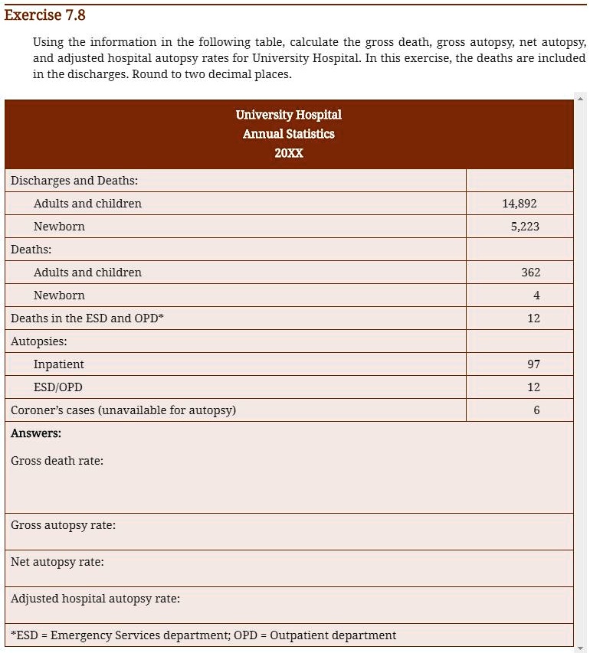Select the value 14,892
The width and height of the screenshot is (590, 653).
[x=520, y=204]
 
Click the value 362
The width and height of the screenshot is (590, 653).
[x=530, y=273]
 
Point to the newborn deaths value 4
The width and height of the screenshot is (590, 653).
[x=536, y=295]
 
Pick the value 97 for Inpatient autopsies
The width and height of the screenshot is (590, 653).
[x=533, y=364]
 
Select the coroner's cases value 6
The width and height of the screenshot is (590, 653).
[x=536, y=410]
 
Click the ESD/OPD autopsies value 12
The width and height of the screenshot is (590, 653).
[x=533, y=387]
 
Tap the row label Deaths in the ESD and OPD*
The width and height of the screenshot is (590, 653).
[x=86, y=318]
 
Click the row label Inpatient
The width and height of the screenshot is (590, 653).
[x=59, y=364]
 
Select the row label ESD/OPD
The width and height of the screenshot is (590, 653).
[x=58, y=387]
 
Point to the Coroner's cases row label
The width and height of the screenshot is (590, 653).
[x=123, y=410]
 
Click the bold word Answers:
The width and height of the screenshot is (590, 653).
[x=36, y=433]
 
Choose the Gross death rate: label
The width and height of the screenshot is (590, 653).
[x=57, y=461]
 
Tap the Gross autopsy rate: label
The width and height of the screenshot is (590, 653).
[x=64, y=525]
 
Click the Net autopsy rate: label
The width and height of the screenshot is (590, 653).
[x=57, y=562]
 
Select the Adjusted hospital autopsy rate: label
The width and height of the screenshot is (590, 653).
[x=96, y=599]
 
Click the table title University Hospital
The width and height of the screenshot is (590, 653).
[x=289, y=115]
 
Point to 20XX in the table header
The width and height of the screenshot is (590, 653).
[x=289, y=153]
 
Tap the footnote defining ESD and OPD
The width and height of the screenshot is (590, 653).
[x=204, y=635]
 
